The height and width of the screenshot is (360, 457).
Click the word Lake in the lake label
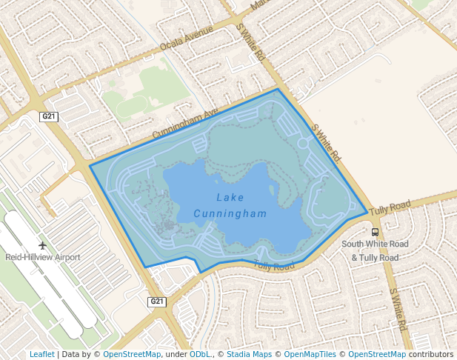tap(230, 198)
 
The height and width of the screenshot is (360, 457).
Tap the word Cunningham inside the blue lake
tap(230, 213)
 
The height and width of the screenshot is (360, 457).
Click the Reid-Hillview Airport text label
tap(42, 257)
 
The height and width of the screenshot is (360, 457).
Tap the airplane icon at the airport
tap(42, 244)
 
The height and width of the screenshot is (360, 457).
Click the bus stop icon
tap(375, 232)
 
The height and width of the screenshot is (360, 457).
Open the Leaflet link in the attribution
tap(41, 354)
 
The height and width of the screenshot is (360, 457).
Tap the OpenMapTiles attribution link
tap(310, 354)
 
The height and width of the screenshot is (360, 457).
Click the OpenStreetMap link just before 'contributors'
tap(377, 354)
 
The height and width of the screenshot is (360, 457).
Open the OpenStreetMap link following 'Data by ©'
tap(132, 354)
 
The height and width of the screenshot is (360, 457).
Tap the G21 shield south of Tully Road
tap(156, 301)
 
